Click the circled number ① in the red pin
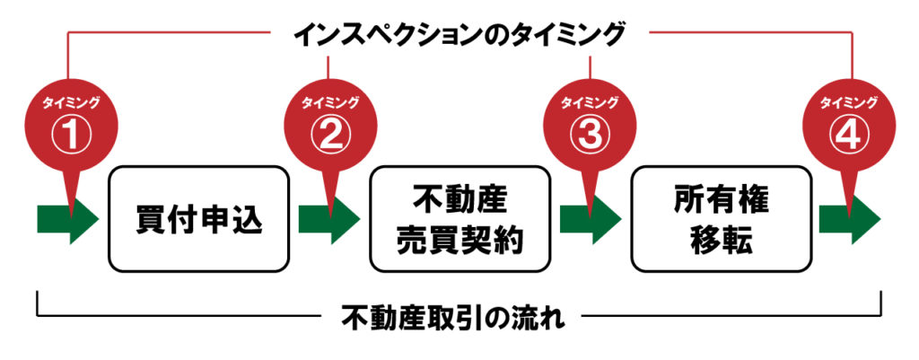pos(71,134)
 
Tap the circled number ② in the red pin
pos(329,134)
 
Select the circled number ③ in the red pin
pos(589,134)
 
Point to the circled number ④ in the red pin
pos(847,134)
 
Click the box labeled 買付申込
pos(200,218)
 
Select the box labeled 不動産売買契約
pos(459,218)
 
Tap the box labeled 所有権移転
pos(719,218)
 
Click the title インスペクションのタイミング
pos(459,34)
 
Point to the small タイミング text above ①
pos(71,102)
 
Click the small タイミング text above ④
pos(847,102)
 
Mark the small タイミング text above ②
pos(329,102)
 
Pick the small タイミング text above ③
pos(589,102)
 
